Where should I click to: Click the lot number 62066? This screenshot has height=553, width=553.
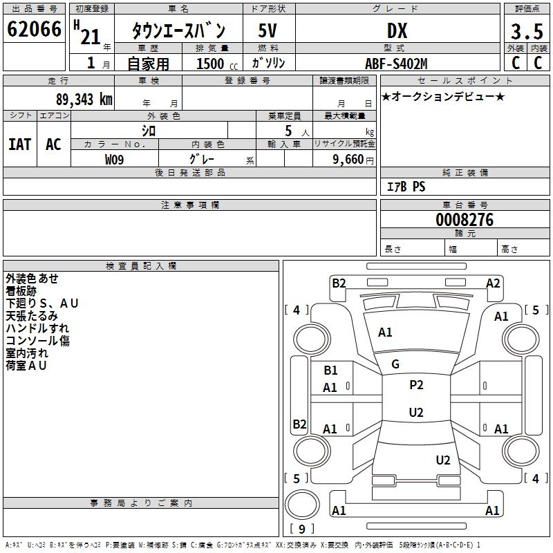click(x=34, y=30)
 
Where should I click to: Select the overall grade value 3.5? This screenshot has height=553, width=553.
click(x=526, y=31)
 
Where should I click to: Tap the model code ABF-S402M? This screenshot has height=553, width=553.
click(x=396, y=64)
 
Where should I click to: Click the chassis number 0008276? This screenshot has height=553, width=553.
click(x=465, y=220)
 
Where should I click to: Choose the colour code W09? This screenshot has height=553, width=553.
click(x=115, y=160)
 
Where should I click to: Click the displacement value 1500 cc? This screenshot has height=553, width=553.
click(x=216, y=64)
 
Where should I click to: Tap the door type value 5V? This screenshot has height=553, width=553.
click(x=268, y=30)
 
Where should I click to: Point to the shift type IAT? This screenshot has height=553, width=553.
click(x=19, y=144)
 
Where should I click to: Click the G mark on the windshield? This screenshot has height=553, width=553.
click(x=395, y=364)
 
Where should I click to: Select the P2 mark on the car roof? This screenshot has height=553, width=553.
click(x=416, y=385)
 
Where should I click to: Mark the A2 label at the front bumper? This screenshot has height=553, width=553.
click(x=493, y=283)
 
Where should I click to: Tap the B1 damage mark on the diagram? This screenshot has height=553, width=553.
click(x=330, y=371)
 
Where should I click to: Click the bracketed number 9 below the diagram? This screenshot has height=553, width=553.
click(x=301, y=529)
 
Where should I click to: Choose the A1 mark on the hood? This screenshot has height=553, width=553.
click(x=385, y=332)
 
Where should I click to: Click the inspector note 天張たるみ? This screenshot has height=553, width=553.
click(x=32, y=316)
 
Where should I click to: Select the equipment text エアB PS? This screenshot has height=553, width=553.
click(x=406, y=187)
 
